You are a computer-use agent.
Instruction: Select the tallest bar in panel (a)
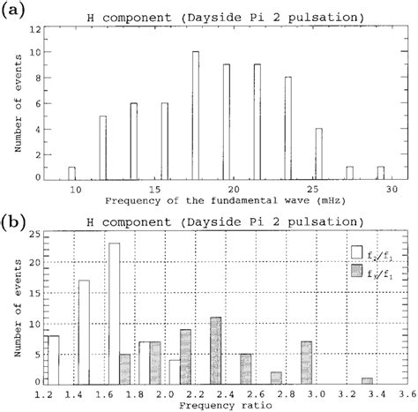[196, 116]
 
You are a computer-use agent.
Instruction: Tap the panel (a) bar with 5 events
[103, 148]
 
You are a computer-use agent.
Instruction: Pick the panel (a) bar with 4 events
[319, 154]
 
